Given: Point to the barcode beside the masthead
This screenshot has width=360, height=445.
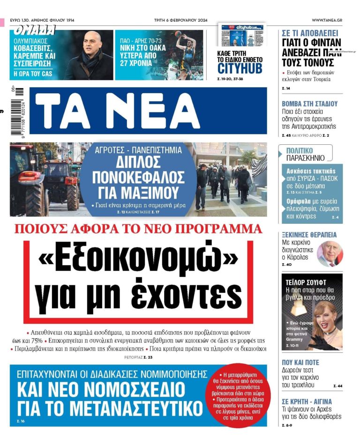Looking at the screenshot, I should [19, 111].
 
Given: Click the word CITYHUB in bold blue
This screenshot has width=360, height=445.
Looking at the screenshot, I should [240, 68].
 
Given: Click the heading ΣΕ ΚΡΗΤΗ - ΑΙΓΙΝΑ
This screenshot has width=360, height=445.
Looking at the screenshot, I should [307, 401].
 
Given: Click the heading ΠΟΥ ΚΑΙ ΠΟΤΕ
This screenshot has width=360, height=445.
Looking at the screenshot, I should [300, 363].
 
